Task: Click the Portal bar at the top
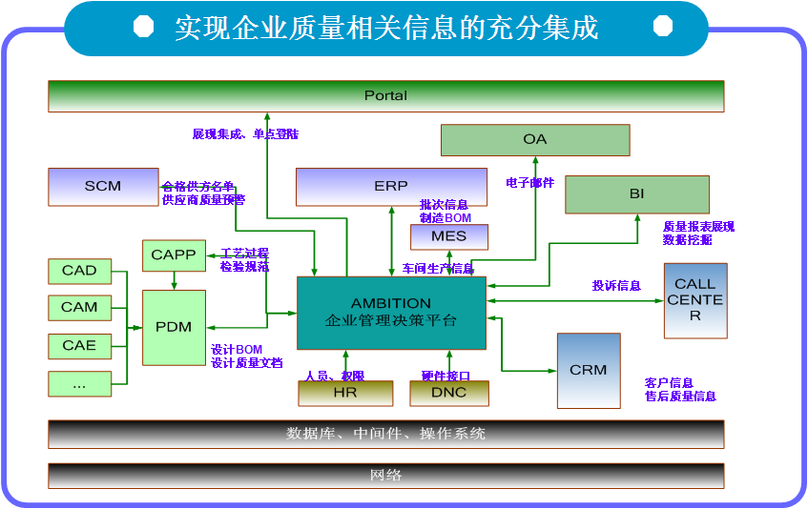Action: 385,96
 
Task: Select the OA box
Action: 534,140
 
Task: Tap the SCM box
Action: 103,187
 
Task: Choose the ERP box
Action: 391,187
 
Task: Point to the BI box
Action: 636,194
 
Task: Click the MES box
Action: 448,236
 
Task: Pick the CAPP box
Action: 173,255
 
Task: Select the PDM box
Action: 174,327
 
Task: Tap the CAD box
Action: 79,271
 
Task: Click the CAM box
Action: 79,308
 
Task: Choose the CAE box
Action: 79,345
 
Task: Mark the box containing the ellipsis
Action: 79,383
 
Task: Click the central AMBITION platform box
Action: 391,313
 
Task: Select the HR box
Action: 345,393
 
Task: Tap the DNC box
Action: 449,393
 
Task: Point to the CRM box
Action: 588,370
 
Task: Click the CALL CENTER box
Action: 694,300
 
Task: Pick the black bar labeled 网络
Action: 385,476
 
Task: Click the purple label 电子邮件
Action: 529,183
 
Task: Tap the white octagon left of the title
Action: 143,27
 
